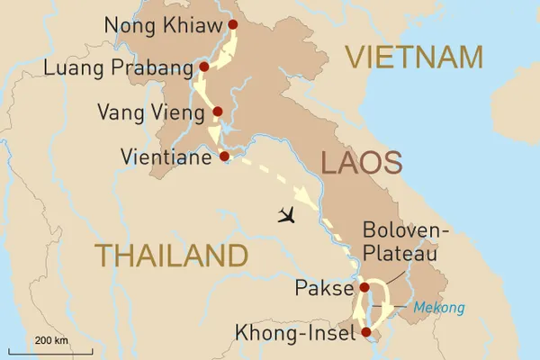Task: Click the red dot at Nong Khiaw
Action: click(233, 24)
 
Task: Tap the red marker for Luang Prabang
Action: click(204, 67)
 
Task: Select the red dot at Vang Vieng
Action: click(217, 112)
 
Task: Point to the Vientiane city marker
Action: click(224, 157)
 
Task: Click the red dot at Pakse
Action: click(364, 288)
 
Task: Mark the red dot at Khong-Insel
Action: click(365, 332)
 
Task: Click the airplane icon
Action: click(288, 214)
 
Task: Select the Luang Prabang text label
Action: click(128, 67)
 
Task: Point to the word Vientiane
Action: click(168, 157)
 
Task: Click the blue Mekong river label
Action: click(440, 308)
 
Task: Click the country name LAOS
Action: click(360, 164)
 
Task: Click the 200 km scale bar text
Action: click(53, 339)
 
